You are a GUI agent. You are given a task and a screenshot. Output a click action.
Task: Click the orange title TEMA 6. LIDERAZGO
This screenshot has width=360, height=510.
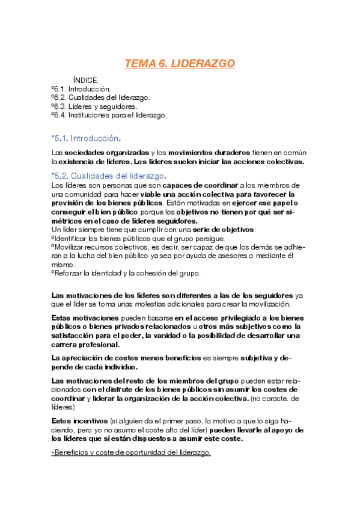180,64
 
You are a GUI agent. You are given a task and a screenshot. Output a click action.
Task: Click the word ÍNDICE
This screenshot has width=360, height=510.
85,80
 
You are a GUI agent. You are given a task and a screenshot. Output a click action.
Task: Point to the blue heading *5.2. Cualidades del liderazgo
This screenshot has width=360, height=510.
109,176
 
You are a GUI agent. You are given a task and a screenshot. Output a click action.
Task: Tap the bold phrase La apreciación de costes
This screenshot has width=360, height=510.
96,358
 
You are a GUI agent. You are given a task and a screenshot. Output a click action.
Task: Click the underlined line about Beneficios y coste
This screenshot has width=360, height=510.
131,450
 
